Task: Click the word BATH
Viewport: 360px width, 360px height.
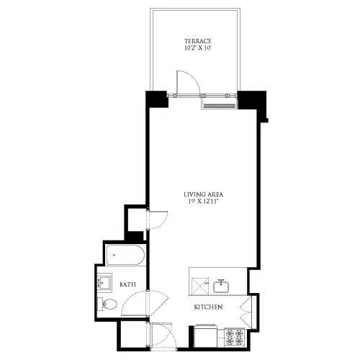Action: [x=128, y=285]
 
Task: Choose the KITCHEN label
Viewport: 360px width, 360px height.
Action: [x=208, y=307]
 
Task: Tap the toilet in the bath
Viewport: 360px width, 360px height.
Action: [x=107, y=304]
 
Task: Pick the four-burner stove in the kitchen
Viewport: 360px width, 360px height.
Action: [x=235, y=336]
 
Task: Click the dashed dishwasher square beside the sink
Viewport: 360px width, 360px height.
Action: [x=200, y=286]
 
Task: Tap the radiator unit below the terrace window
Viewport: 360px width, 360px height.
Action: [x=219, y=105]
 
